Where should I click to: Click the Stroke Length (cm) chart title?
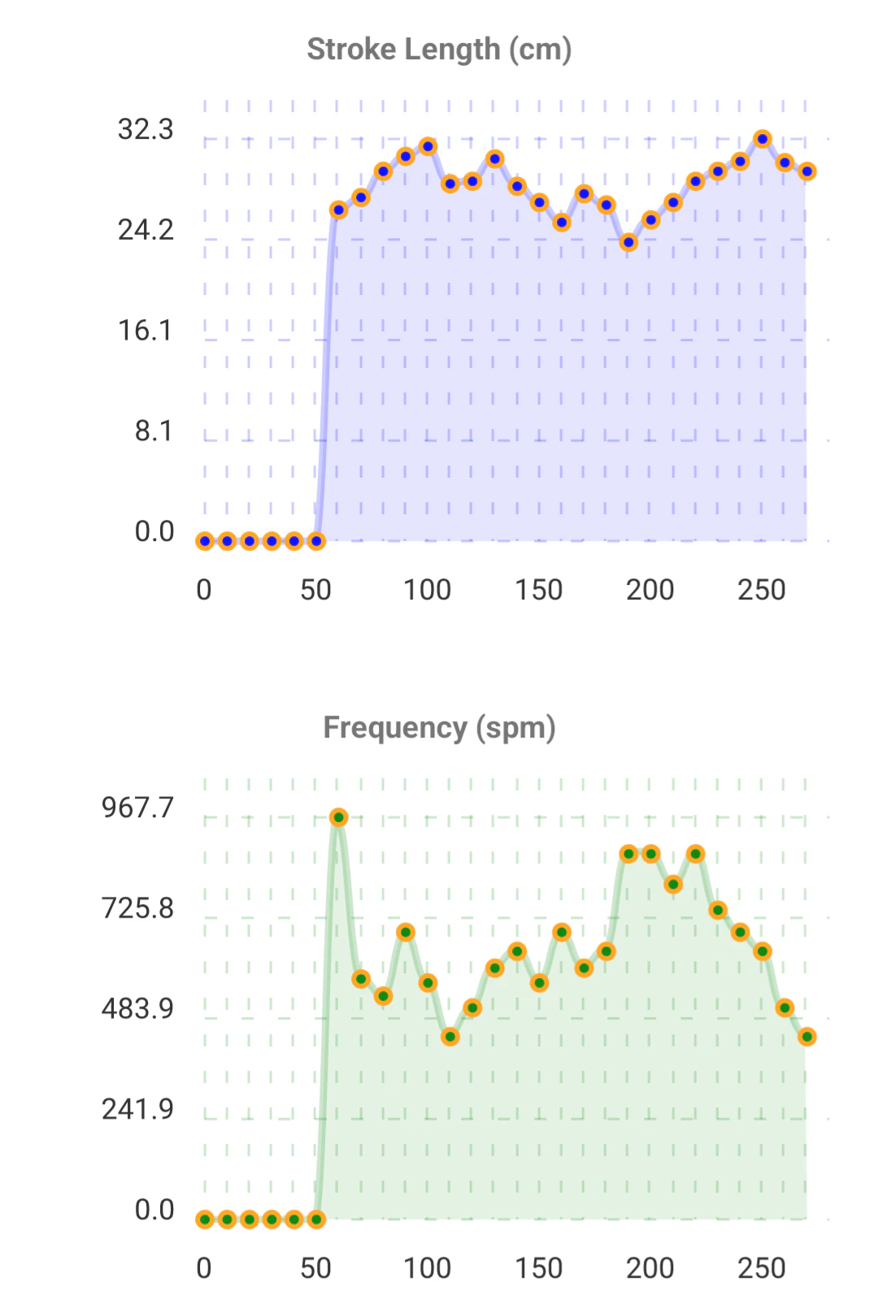pyautogui.click(x=439, y=50)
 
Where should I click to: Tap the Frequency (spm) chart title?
pyautogui.click(x=439, y=728)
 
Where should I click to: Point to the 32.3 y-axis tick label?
pyautogui.click(x=146, y=129)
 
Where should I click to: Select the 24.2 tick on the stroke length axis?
pyautogui.click(x=146, y=230)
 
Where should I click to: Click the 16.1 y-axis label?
pyautogui.click(x=146, y=331)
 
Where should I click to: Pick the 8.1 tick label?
pyautogui.click(x=154, y=431)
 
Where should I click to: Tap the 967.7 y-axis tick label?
pyautogui.click(x=137, y=807)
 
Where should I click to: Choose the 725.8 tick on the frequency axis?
pyautogui.click(x=137, y=908)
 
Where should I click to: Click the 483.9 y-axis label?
pyautogui.click(x=137, y=1009)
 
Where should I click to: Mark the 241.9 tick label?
pyautogui.click(x=137, y=1110)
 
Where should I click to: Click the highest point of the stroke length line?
pyautogui.click(x=762, y=139)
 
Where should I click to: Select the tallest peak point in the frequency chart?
pyautogui.click(x=339, y=817)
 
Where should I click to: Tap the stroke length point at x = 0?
pyautogui.click(x=205, y=541)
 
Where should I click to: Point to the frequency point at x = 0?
pyautogui.click(x=205, y=1219)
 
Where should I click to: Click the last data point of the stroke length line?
pyautogui.click(x=806, y=171)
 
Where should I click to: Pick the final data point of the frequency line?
pyautogui.click(x=806, y=1037)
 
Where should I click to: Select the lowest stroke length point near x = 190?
pyautogui.click(x=628, y=242)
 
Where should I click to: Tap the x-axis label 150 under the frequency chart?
pyautogui.click(x=539, y=1268)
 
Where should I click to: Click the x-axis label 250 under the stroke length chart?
pyautogui.click(x=762, y=590)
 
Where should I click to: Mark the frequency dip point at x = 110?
pyautogui.click(x=450, y=1037)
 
